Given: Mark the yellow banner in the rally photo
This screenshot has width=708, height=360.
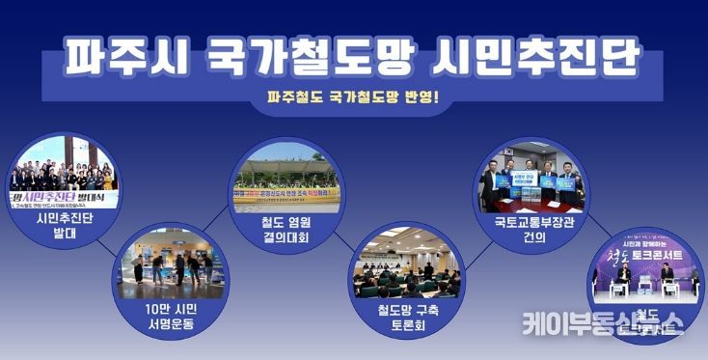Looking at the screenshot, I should [287, 194].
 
